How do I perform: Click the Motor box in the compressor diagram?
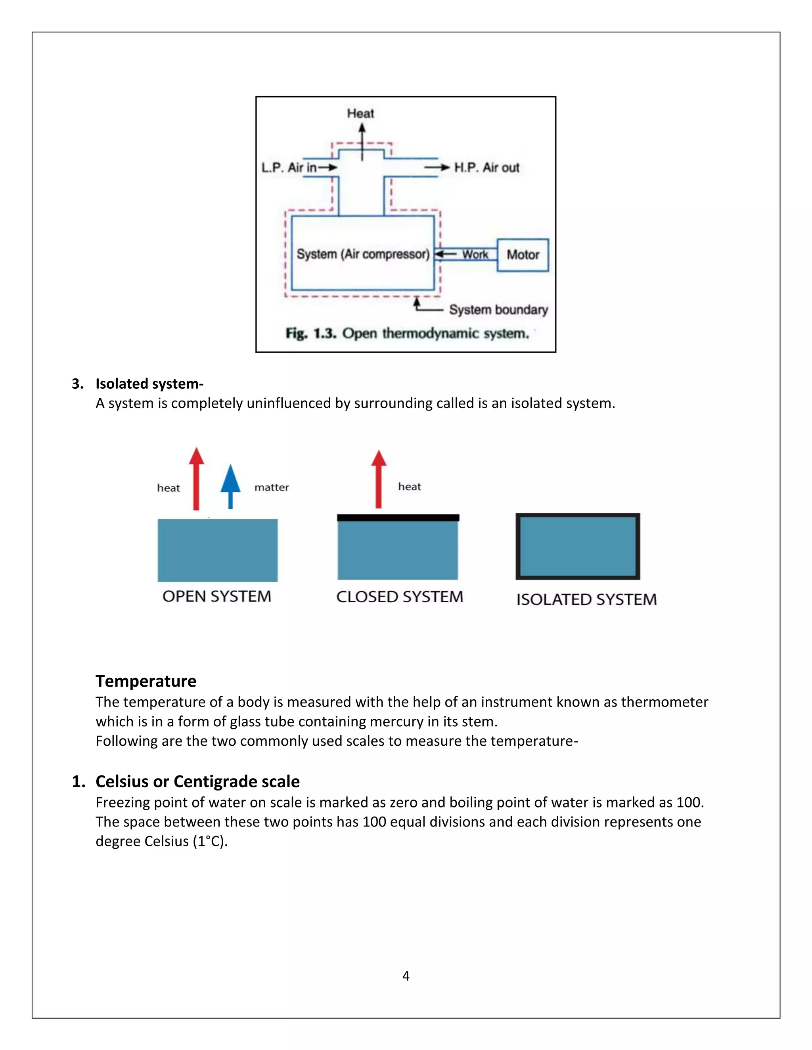pos(523,255)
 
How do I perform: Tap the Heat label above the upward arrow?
pos(360,113)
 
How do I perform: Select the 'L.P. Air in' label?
pos(289,167)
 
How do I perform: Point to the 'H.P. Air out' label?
pos(487,167)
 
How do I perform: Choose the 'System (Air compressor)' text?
pos(363,254)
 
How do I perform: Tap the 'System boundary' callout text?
pos(498,309)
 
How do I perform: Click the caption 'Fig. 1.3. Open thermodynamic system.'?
pos(407,333)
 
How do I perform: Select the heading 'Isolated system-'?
pos(149,384)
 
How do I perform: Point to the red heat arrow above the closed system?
pos(379,479)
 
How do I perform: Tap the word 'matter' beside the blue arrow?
pos(271,487)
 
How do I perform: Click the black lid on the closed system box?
pos(398,518)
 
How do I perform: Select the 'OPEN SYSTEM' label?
pos(216,596)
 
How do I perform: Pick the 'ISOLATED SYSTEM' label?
pos(586,599)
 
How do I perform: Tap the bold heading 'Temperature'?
pos(146,681)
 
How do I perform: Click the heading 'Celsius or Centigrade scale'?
pos(197,781)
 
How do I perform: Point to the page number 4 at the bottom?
pos(406,976)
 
